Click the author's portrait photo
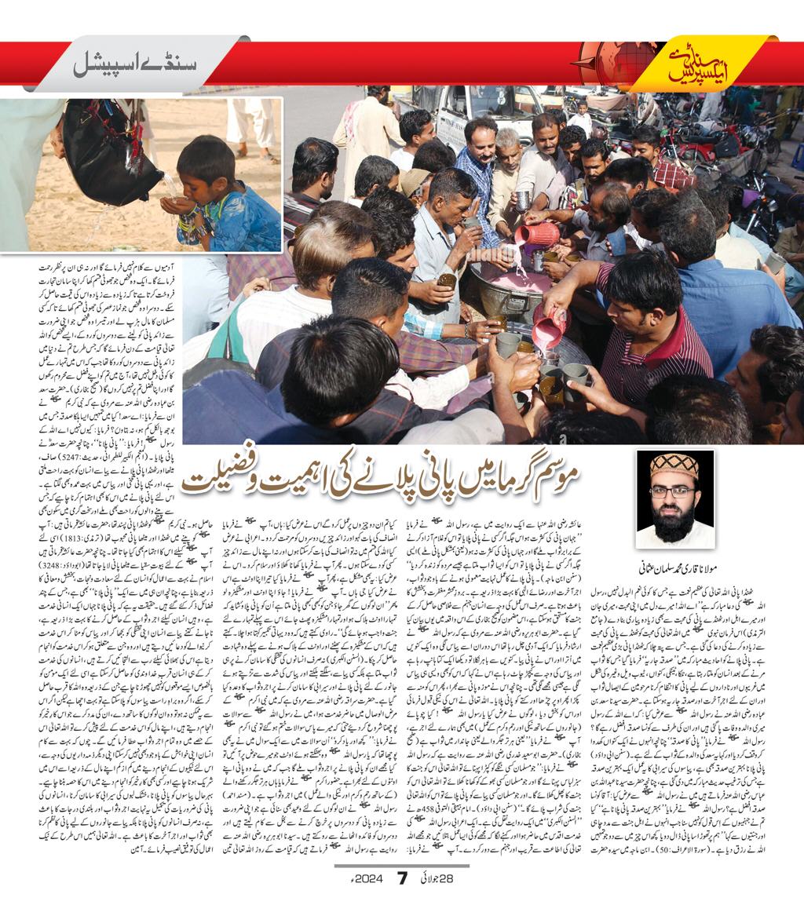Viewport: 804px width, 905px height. (x=674, y=498)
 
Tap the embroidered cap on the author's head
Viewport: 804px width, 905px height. (x=674, y=465)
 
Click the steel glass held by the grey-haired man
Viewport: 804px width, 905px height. (x=522, y=199)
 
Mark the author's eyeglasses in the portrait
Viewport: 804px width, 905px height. (x=673, y=491)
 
